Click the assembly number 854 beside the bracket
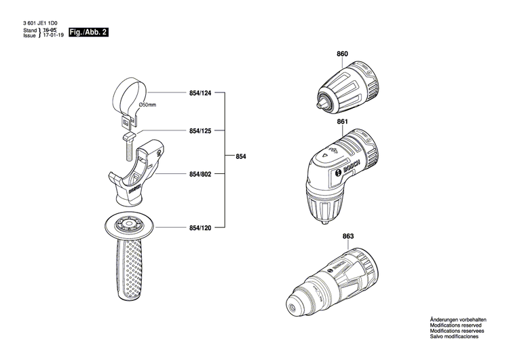[x=241, y=158]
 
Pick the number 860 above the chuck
[x=342, y=54]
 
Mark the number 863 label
[x=348, y=236]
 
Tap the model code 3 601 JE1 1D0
[x=40, y=23]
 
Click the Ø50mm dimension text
[x=147, y=105]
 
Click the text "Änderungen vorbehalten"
[x=459, y=320]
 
